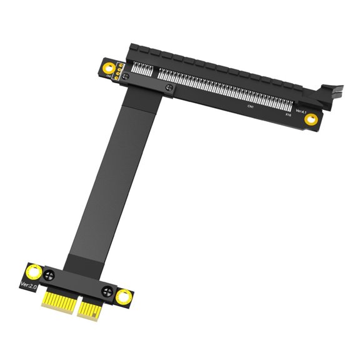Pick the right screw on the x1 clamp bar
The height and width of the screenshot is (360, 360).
107,290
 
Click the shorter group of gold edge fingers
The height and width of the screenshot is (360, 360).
57,301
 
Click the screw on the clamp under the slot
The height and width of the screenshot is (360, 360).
169,89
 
